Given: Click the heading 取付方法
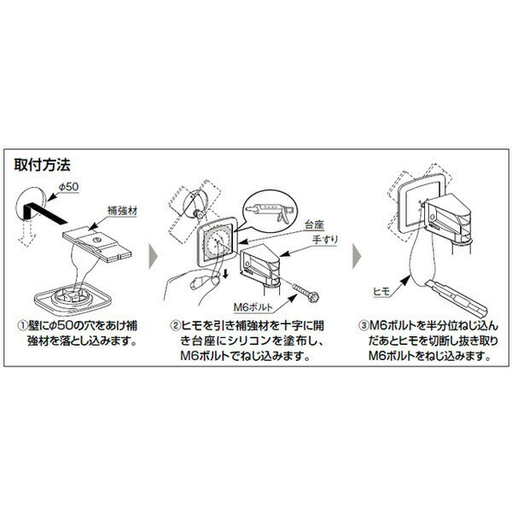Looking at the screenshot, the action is (42, 165).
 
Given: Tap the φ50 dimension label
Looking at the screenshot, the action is (68, 187).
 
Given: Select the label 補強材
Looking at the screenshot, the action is (122, 211).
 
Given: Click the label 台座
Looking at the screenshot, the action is (314, 224).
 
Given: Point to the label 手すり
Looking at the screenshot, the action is (325, 239).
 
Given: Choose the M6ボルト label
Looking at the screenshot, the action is (253, 307).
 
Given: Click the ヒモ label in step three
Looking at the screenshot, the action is (381, 291).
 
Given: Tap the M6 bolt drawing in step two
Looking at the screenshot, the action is (305, 293).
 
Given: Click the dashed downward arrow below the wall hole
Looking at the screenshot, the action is (27, 233).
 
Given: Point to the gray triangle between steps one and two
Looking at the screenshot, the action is (153, 256).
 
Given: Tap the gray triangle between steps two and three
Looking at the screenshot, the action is (357, 256).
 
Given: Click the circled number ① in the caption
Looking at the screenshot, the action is (22, 326).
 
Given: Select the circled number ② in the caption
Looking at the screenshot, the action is (175, 326).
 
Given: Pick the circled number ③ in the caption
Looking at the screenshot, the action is (364, 326).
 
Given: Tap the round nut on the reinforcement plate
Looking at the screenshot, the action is (96, 240).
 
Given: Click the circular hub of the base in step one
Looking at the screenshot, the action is (71, 295).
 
